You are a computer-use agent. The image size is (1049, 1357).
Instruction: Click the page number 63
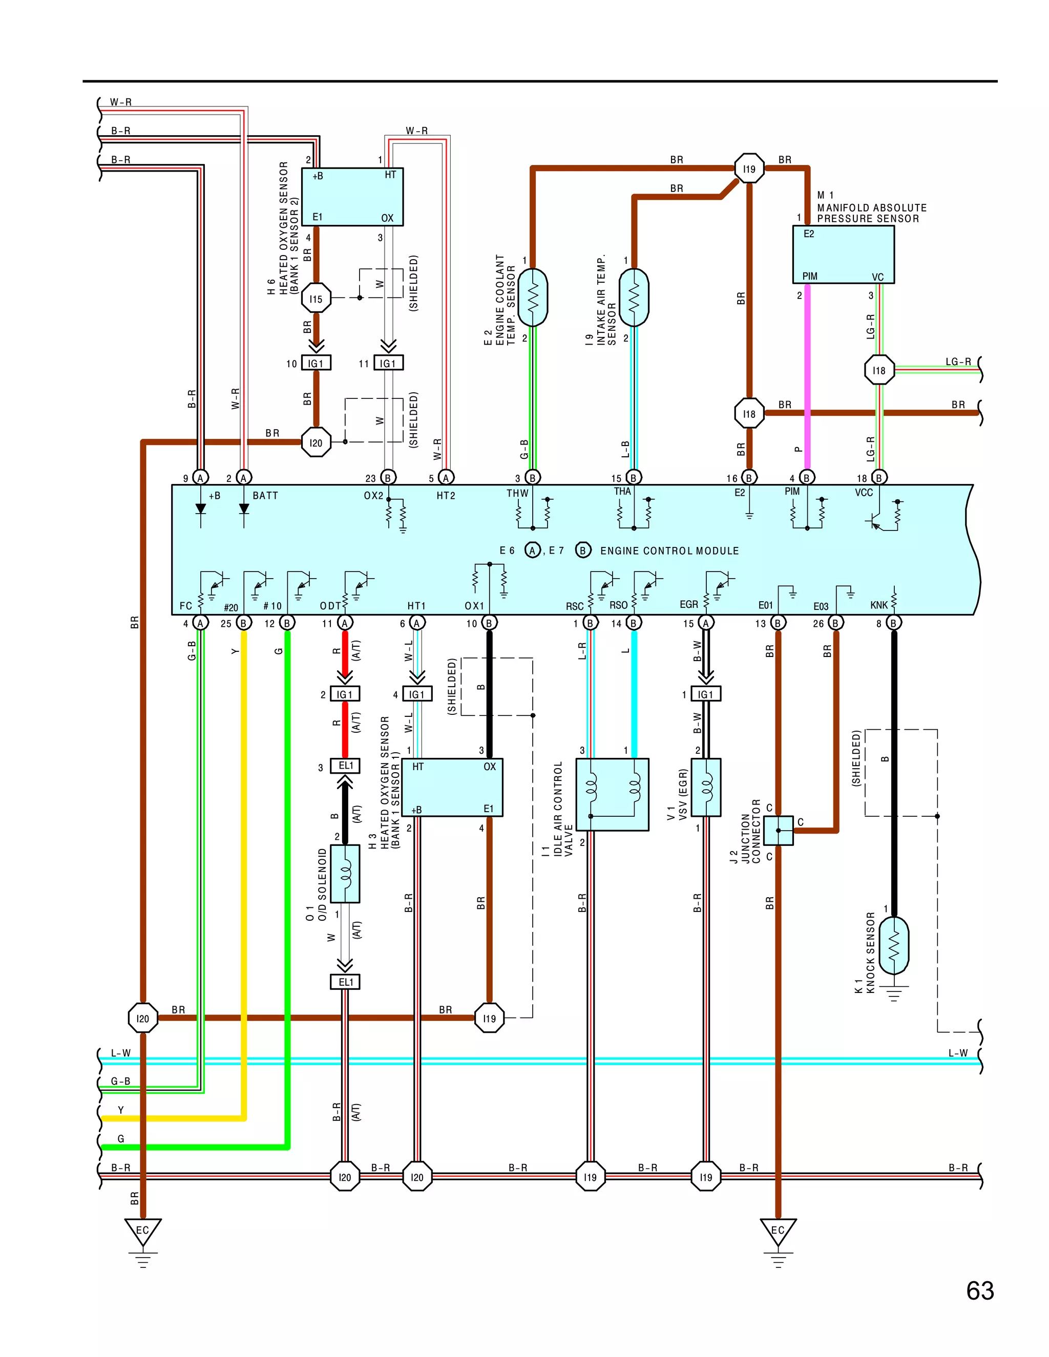979,1291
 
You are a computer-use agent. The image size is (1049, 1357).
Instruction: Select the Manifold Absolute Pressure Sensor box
843,255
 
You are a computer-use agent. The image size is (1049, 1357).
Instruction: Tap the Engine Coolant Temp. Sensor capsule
533,297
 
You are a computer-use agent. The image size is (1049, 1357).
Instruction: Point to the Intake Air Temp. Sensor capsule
634,297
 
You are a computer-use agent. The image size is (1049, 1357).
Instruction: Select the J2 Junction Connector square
778,830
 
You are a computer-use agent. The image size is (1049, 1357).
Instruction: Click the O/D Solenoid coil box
345,873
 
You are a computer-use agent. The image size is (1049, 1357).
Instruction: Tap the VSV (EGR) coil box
706,787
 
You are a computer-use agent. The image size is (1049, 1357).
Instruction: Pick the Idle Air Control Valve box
612,794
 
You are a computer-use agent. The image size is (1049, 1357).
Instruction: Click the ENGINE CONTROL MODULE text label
669,551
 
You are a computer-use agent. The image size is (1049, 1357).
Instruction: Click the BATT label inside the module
265,496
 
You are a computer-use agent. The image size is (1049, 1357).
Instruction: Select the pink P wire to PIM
807,373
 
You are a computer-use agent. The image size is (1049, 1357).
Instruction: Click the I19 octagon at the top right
749,168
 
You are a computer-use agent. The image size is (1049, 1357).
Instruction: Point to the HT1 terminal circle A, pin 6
417,623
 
